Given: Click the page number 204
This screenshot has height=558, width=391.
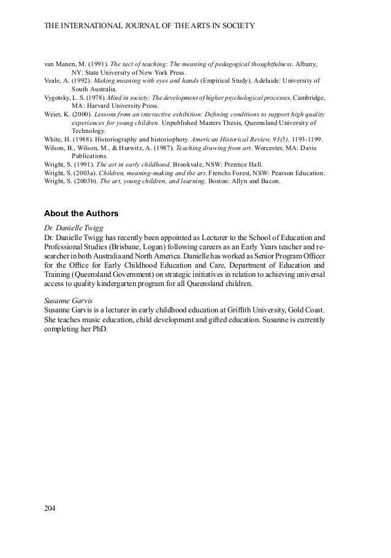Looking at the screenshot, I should coord(50,508).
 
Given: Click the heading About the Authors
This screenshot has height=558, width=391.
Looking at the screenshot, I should coord(82,214).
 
